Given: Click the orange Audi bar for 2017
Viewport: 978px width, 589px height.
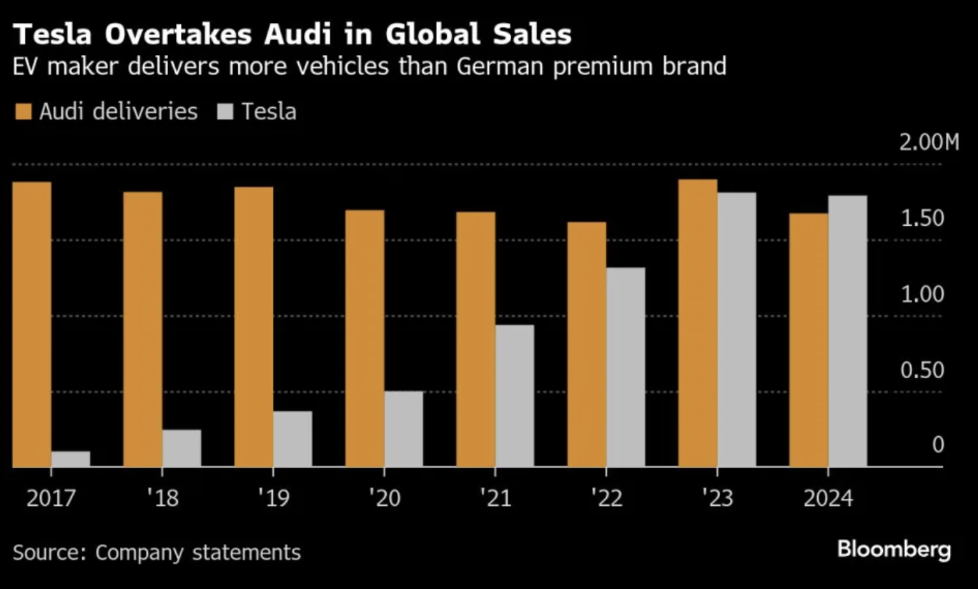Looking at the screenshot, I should [32, 325].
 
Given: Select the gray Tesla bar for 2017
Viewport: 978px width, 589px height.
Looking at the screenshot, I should [71, 459].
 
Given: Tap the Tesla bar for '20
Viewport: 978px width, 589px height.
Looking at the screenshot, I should [403, 429].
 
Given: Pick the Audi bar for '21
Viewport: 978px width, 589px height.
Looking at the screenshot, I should [475, 340].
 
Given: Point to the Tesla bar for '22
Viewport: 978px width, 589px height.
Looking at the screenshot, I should [626, 367].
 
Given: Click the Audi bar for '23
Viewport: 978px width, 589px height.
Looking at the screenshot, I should [698, 323].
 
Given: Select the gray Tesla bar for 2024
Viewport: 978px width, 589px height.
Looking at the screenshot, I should [847, 331].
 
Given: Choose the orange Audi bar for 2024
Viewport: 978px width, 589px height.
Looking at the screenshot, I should [809, 340].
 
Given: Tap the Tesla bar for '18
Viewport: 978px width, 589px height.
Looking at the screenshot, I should [182, 448].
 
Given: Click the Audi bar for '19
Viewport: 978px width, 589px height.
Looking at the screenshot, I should [254, 327].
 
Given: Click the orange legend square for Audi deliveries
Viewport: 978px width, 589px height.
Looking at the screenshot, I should [23, 112].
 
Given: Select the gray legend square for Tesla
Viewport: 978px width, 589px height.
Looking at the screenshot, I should [225, 112].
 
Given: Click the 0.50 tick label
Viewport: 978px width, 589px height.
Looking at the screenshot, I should [923, 370].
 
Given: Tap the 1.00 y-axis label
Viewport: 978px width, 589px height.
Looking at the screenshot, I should [923, 294].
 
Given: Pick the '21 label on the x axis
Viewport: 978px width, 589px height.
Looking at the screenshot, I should [495, 498].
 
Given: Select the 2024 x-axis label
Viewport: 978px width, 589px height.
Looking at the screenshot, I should [828, 498].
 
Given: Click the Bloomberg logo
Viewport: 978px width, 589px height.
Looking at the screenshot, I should [894, 550].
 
